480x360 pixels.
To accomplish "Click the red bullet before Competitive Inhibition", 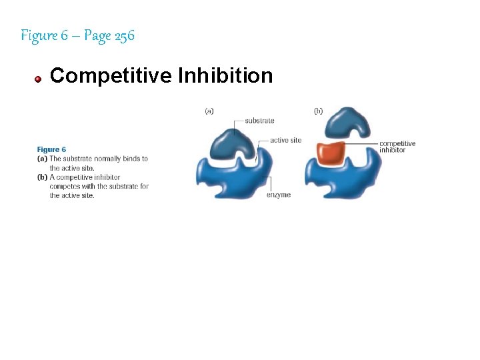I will point(39,79).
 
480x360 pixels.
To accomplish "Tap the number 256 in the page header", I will point(124,35).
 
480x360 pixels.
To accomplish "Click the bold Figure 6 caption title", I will point(51,150).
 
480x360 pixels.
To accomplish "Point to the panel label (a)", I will point(209,111).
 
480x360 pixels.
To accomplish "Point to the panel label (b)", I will point(318,111).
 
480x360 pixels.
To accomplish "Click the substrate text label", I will point(259,121).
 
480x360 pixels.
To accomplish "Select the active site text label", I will point(285,141).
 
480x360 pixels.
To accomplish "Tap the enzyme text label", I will point(279,195).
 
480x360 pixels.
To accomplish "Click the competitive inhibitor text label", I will point(397,147).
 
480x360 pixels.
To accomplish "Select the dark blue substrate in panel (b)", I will point(340,125).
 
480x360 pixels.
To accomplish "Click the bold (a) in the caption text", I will point(42,159).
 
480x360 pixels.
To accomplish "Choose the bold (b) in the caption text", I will point(42,177).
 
